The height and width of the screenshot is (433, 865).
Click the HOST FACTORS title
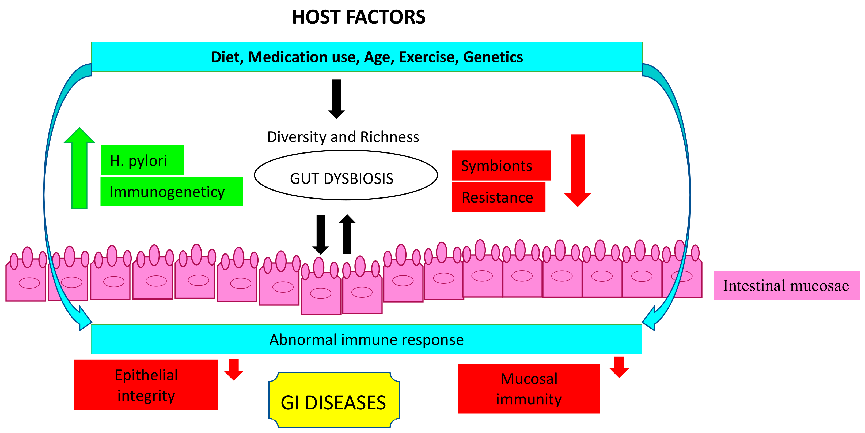point(358,17)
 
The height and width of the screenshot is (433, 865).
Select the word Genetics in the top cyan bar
point(493,57)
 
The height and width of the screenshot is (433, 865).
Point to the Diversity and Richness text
point(343,137)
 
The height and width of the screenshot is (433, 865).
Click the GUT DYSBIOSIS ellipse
point(346,175)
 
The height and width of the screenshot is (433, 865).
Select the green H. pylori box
point(142,160)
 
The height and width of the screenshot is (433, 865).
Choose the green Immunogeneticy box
point(172,192)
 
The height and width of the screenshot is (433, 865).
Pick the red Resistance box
point(498,197)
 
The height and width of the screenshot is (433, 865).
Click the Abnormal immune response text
point(366,339)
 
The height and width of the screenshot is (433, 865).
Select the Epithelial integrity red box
point(146,385)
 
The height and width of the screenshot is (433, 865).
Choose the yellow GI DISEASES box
point(334,400)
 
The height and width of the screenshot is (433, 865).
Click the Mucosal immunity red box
point(529,389)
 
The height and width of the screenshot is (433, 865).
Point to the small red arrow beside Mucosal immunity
point(619,367)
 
